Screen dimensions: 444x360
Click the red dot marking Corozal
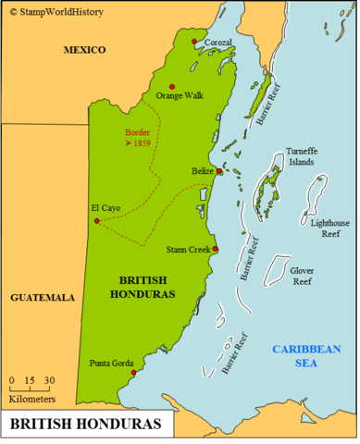click(193, 43)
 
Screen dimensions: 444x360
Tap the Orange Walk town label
click(179, 96)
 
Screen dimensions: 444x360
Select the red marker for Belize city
click(218, 171)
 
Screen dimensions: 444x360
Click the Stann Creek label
click(188, 250)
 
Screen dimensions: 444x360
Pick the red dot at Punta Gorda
click(134, 374)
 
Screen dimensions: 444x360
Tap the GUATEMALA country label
click(43, 298)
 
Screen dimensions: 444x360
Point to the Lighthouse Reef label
click(330, 228)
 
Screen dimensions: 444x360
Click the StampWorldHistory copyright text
click(53, 12)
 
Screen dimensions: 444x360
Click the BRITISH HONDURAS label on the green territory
click(148, 287)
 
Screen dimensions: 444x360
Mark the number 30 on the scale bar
click(49, 380)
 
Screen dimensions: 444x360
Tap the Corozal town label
click(218, 43)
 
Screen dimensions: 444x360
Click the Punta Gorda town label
click(112, 363)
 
